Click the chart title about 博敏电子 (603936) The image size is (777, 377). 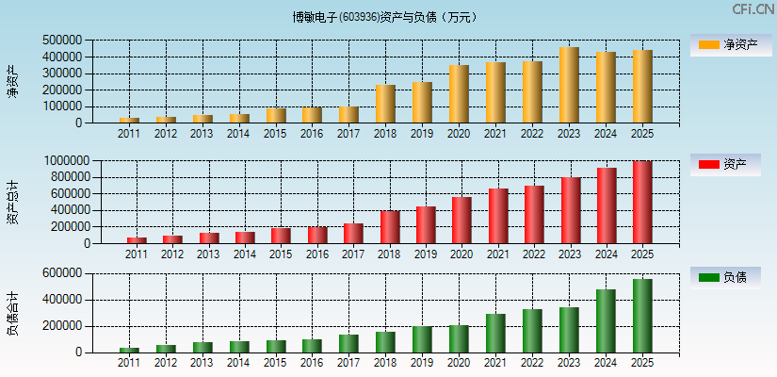(x=384, y=17)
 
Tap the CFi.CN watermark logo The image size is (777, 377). (x=753, y=9)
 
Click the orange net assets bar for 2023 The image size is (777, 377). (x=569, y=85)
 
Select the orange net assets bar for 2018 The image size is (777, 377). (x=385, y=104)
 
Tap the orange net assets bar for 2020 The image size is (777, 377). (x=459, y=94)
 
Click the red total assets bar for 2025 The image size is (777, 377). (x=641, y=203)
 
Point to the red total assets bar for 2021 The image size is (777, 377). (x=498, y=216)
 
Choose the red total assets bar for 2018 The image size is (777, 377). (x=390, y=227)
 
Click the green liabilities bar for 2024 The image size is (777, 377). (x=605, y=320)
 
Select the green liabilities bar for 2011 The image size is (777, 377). (x=129, y=350)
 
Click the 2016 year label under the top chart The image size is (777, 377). (x=312, y=134)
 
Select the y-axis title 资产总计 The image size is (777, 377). (x=13, y=202)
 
